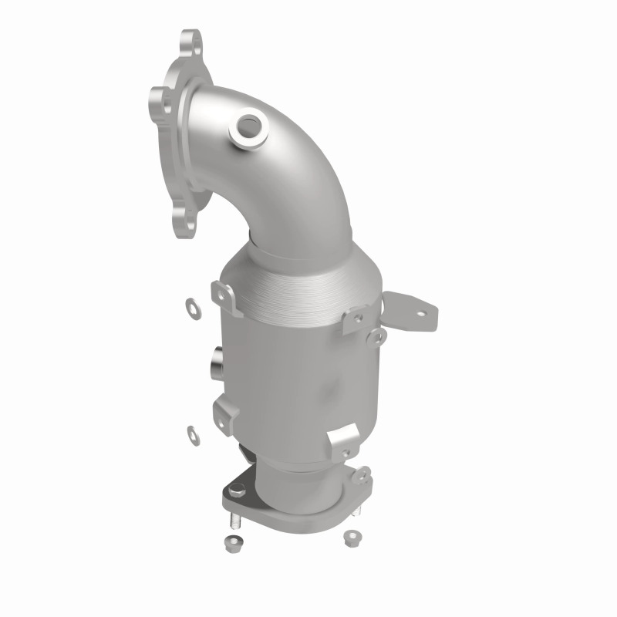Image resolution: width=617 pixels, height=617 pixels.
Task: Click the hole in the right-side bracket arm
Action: coord(420,313)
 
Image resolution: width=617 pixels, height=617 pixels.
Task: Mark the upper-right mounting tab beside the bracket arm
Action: coord(356,317)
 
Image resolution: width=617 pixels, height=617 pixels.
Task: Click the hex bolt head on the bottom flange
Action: coord(235,487)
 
